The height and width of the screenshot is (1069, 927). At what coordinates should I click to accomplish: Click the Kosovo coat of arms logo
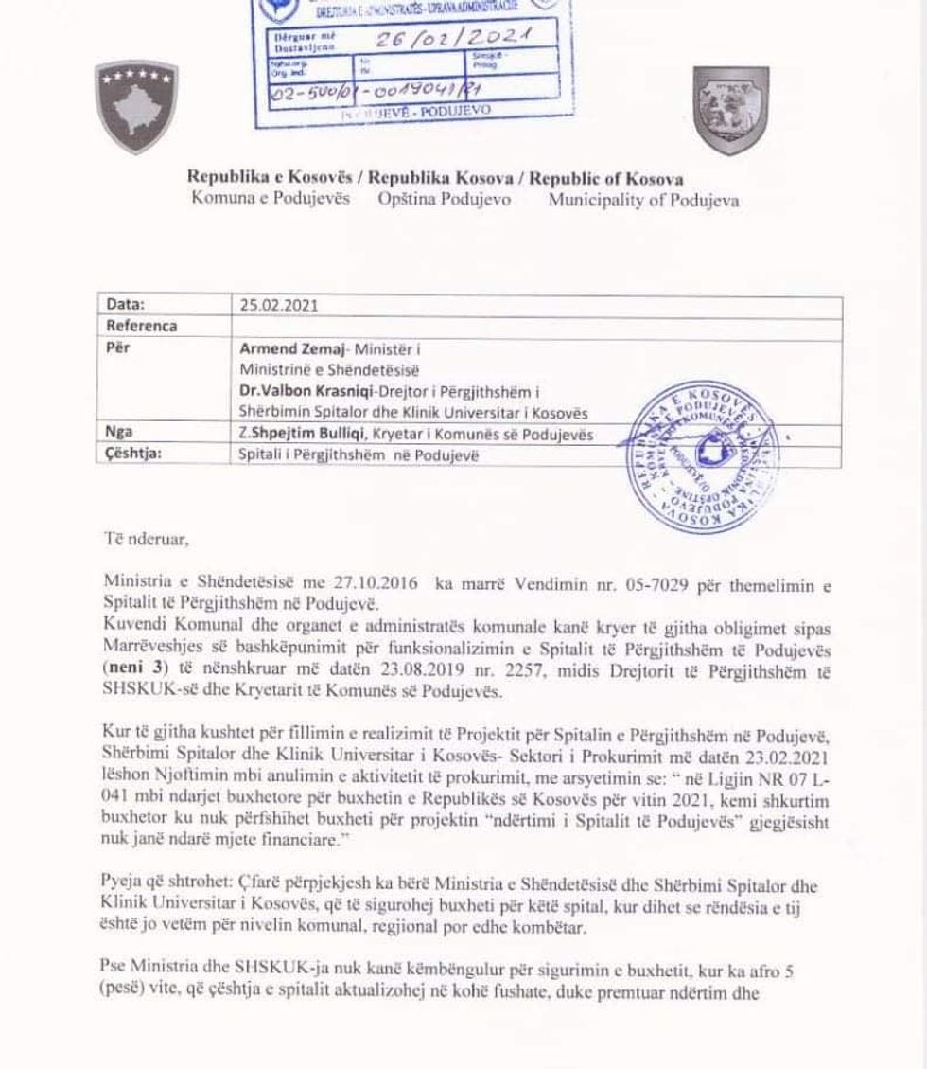click(136, 106)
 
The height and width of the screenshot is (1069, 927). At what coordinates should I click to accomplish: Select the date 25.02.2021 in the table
click(279, 306)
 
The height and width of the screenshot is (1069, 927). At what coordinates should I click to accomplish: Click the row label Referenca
click(142, 326)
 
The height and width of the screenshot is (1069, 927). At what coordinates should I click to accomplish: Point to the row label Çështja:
click(133, 454)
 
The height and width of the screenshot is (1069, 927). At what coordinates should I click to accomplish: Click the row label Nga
click(119, 434)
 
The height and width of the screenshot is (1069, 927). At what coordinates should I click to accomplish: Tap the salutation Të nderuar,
click(147, 540)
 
